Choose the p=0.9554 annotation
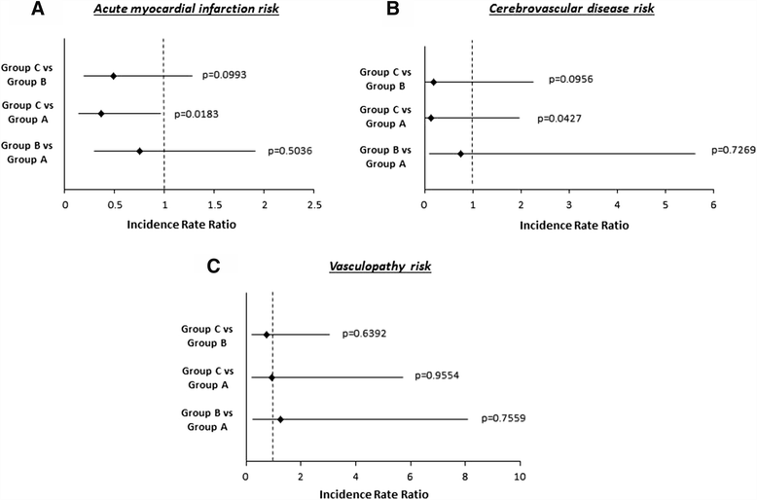point(442,375)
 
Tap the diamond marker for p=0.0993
point(114,76)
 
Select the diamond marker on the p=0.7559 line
point(281,420)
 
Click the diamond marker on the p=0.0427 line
point(430,118)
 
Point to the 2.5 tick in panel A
point(313,205)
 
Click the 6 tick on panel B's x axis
point(713,205)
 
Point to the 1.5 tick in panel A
point(214,205)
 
